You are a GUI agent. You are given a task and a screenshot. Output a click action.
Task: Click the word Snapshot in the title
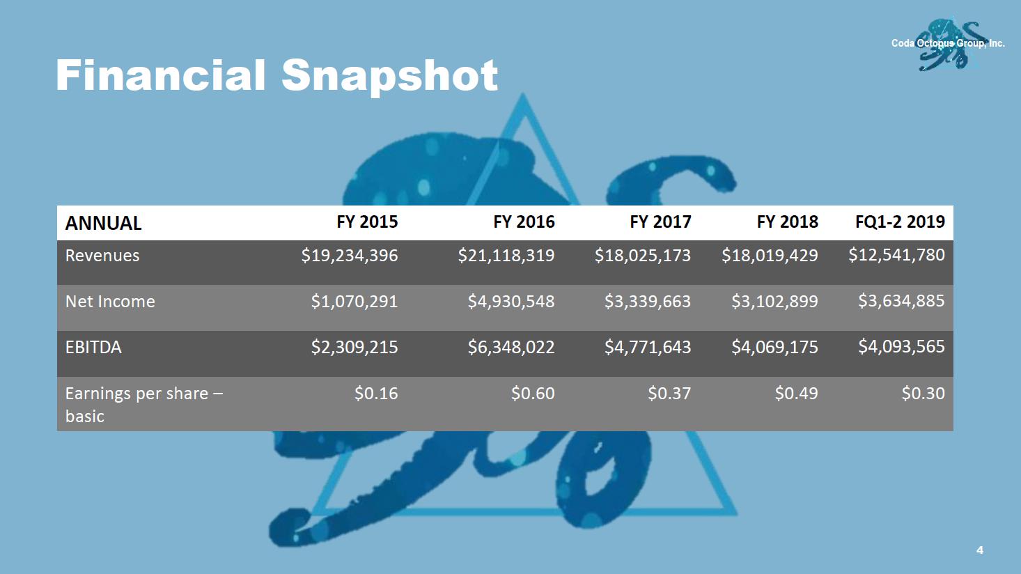click(389, 75)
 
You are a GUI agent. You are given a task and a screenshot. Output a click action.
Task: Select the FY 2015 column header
click(367, 222)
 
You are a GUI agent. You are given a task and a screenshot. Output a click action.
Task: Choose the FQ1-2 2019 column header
click(900, 222)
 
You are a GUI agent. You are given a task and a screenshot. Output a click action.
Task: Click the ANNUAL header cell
click(103, 224)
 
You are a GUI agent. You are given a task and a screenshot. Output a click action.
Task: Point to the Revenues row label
click(102, 256)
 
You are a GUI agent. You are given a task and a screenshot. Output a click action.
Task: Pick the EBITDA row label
click(93, 347)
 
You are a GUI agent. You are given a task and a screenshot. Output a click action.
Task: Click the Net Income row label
click(110, 302)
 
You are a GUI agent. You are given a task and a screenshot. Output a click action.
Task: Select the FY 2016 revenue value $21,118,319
click(506, 256)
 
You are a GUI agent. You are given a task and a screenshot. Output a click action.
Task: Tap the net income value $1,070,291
click(354, 302)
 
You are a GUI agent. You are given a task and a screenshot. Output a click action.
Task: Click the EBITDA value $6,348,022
click(510, 347)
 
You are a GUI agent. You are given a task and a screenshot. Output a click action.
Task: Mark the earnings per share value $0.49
click(796, 394)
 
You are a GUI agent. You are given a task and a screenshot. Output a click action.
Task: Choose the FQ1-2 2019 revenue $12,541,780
click(896, 255)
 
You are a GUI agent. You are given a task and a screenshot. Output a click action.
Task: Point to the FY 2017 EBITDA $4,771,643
click(647, 347)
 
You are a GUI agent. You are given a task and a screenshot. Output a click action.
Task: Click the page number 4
click(980, 550)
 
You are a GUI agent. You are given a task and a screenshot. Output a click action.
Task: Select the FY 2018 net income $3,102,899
click(774, 302)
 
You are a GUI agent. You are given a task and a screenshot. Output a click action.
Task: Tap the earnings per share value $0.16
click(376, 394)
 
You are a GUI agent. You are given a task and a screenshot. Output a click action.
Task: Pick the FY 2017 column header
click(660, 222)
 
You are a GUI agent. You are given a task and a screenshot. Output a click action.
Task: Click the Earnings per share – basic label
click(143, 404)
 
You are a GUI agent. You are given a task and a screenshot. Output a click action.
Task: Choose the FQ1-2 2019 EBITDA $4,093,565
click(901, 346)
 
